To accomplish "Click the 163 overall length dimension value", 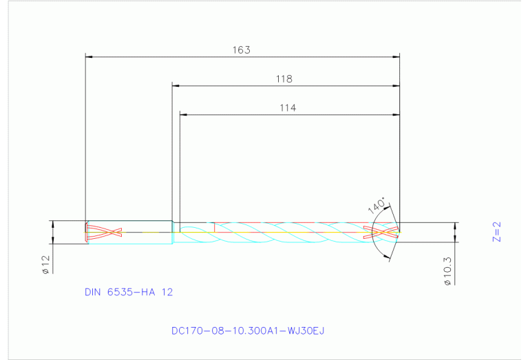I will pyautogui.click(x=242, y=50).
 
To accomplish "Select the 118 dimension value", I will pyautogui.click(x=284, y=79).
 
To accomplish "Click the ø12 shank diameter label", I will pyautogui.click(x=45, y=265).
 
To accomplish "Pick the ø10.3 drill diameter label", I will pyautogui.click(x=447, y=271).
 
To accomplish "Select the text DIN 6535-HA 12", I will pyautogui.click(x=129, y=292).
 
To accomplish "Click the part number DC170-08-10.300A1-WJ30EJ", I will pyautogui.click(x=248, y=331).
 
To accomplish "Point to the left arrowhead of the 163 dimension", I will pyautogui.click(x=89, y=56).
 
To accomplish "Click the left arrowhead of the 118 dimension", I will pyautogui.click(x=176, y=86).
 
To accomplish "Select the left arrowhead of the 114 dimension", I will pyautogui.click(x=184, y=114).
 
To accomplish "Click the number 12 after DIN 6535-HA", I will pyautogui.click(x=167, y=292).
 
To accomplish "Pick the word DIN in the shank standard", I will pyautogui.click(x=93, y=292).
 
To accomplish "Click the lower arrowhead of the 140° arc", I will pyautogui.click(x=387, y=258).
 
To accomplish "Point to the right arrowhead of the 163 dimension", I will pyautogui.click(x=396, y=56).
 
